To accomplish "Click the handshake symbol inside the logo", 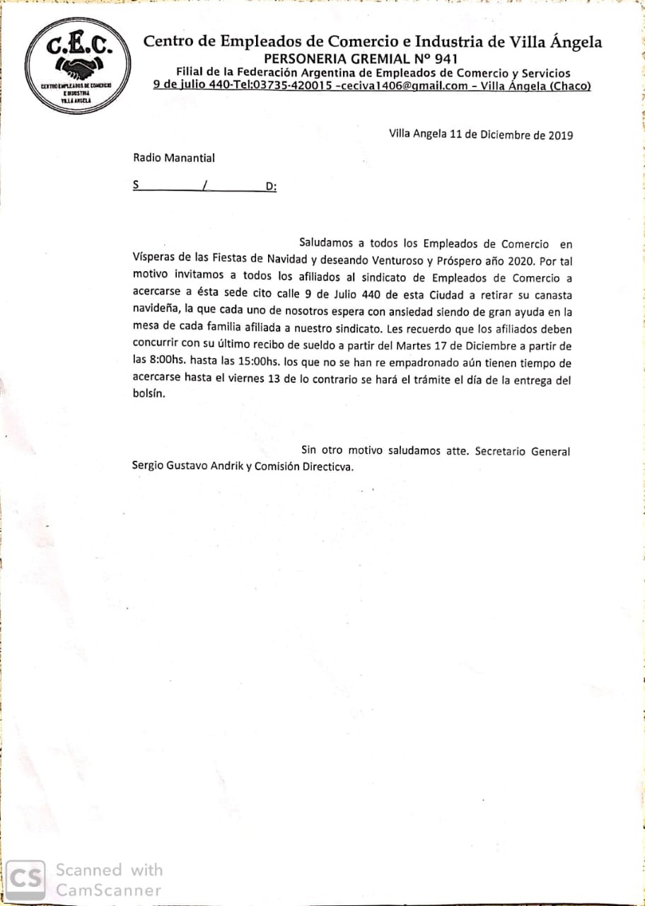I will tap(77, 68).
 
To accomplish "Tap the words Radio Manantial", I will tap(174, 158).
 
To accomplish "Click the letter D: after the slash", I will tap(271, 187).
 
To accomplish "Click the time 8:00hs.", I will tap(166, 363).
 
